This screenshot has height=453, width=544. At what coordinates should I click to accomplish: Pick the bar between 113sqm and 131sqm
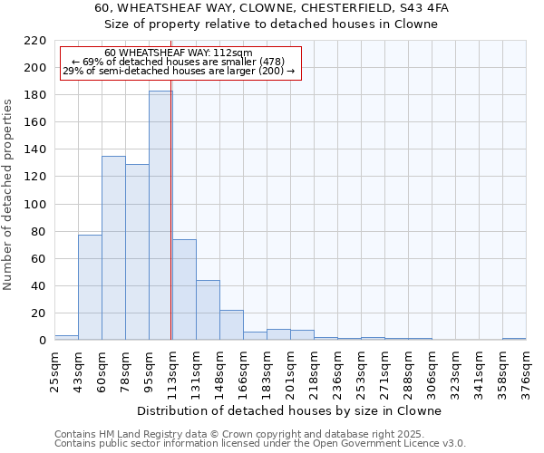click(x=184, y=290)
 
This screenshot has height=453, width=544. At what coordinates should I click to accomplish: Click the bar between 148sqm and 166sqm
click(x=231, y=324)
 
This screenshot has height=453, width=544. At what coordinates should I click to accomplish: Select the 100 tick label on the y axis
click(x=34, y=205)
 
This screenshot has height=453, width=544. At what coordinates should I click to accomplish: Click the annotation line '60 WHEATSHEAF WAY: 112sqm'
click(x=179, y=53)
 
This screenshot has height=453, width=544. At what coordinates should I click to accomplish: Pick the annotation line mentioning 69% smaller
click(x=179, y=62)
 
